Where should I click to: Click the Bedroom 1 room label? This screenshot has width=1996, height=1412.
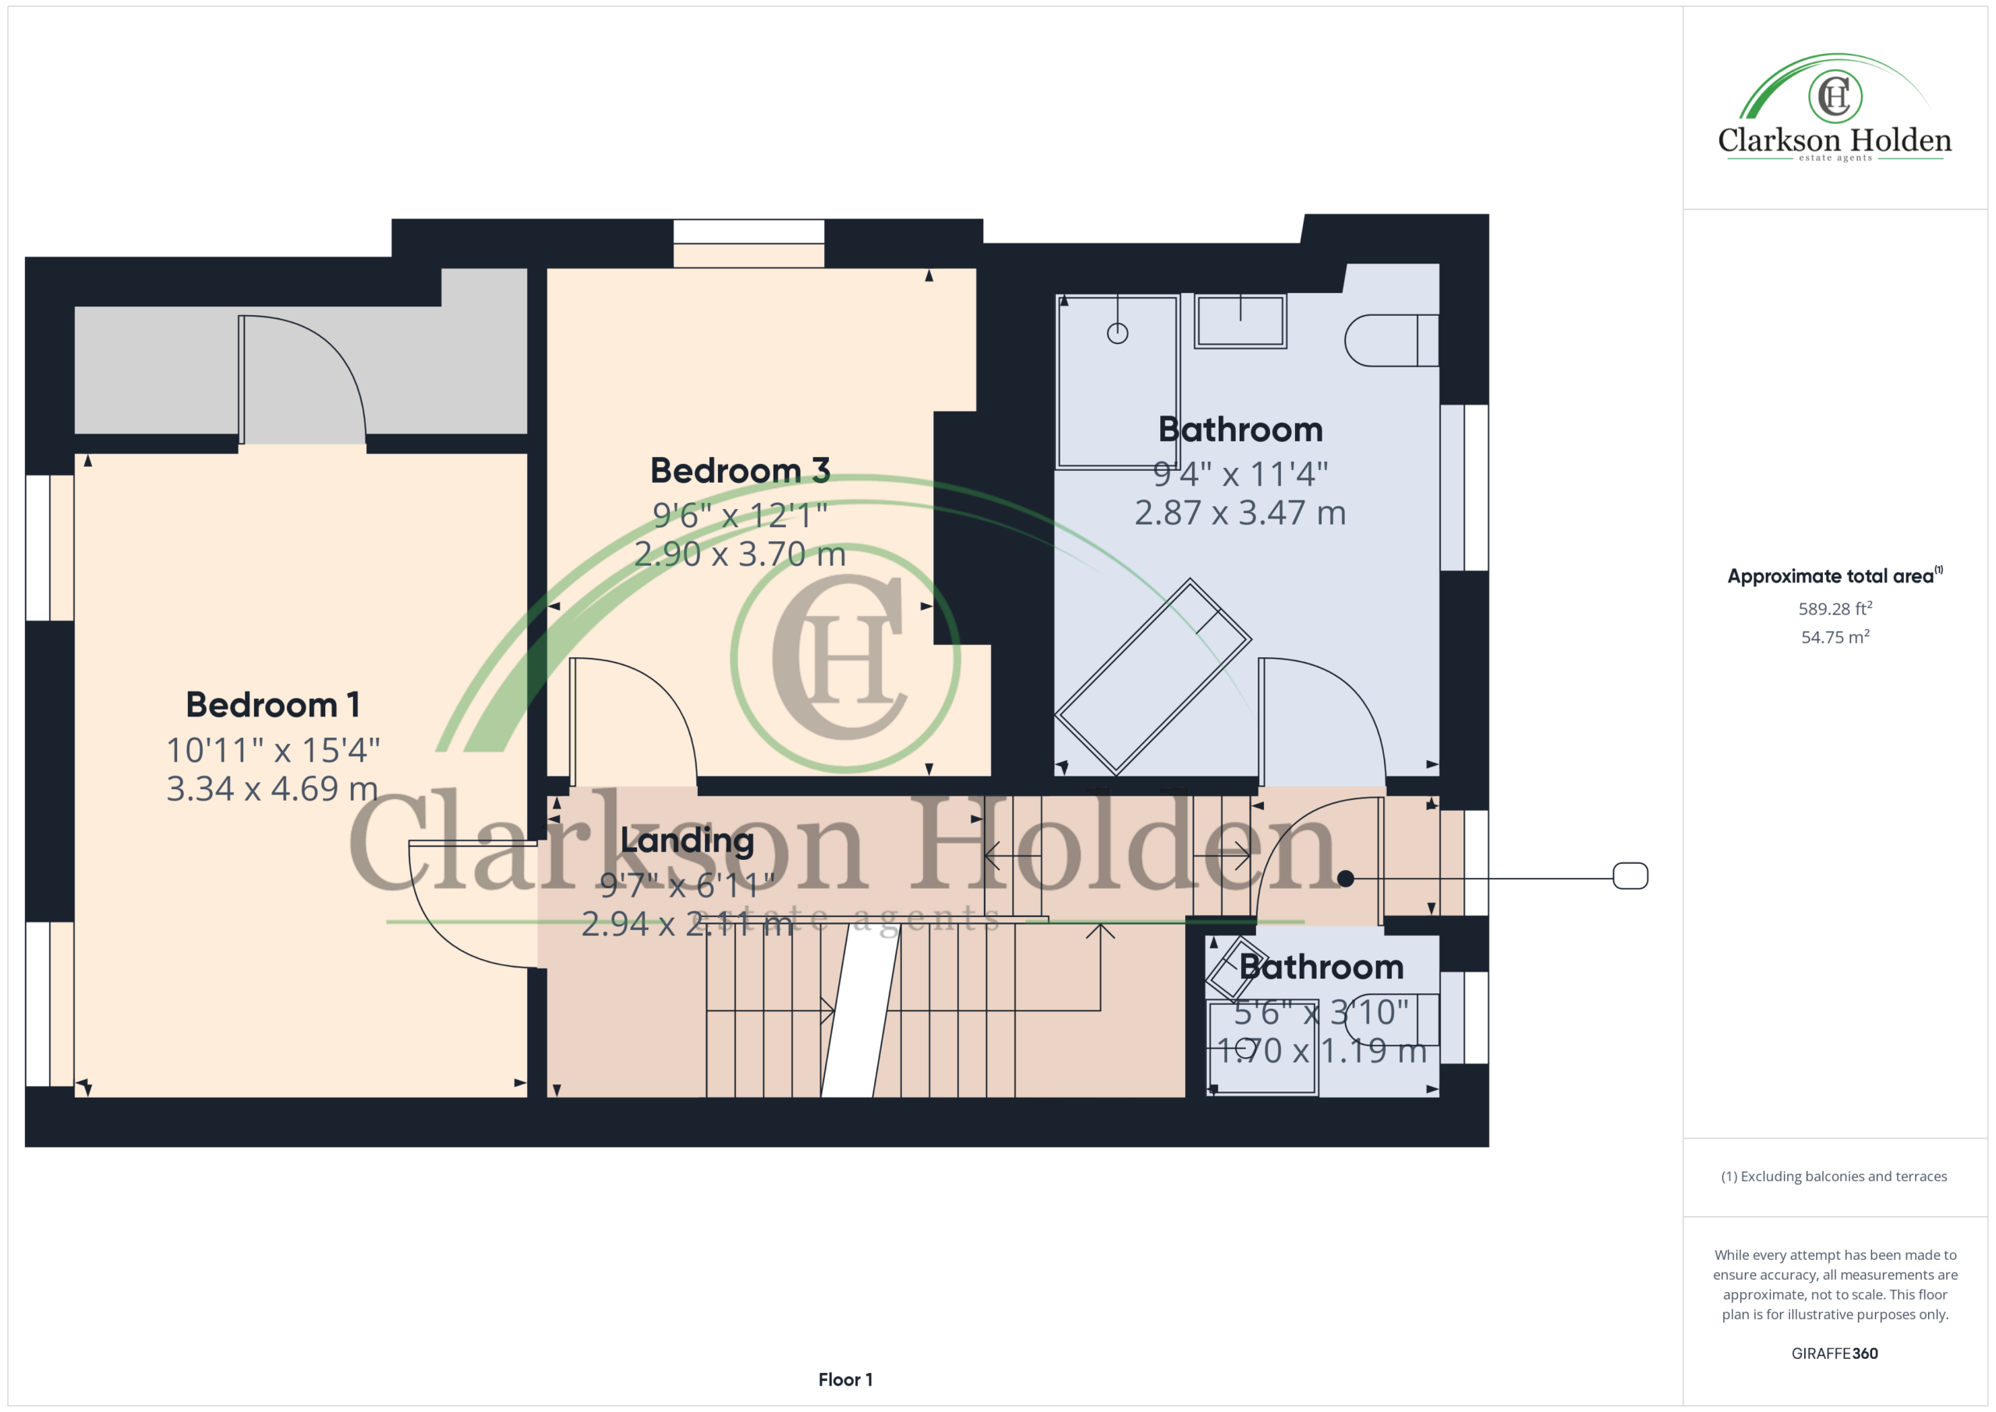click(x=273, y=705)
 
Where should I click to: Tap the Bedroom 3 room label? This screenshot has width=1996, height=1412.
click(x=740, y=470)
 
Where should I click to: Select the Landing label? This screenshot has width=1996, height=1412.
click(x=687, y=840)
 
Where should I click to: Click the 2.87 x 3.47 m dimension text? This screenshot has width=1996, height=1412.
click(x=1240, y=513)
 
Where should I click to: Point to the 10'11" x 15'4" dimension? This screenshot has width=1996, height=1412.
click(x=273, y=749)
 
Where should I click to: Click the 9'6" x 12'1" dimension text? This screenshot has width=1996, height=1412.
click(x=740, y=515)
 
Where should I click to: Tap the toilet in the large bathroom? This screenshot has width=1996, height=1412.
click(x=1391, y=340)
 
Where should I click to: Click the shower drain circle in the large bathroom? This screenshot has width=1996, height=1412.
click(x=1117, y=333)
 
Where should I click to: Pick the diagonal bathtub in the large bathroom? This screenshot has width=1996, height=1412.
click(x=1152, y=677)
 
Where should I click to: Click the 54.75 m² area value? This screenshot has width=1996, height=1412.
click(x=1835, y=636)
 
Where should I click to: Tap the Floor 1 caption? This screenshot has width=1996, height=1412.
click(x=845, y=1380)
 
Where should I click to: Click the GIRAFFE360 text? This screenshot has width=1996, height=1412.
click(x=1835, y=1354)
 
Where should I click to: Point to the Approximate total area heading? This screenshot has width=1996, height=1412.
click(x=1835, y=575)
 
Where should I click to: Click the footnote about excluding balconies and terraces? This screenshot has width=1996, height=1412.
click(x=1835, y=1177)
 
